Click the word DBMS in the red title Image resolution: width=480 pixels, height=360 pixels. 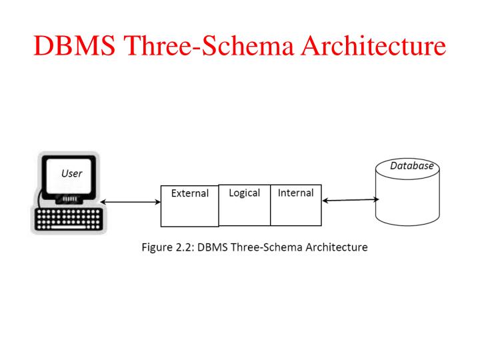tap(73, 47)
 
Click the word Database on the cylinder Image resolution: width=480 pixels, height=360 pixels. tap(411, 166)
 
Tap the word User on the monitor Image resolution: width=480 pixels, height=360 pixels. tap(71, 173)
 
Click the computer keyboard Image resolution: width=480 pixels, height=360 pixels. tap(66, 219)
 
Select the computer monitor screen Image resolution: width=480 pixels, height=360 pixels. tap(71, 176)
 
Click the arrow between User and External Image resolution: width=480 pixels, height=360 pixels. tap(130, 201)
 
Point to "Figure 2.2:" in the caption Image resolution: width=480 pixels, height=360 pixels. tap(169, 247)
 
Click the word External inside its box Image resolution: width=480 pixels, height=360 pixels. tap(189, 194)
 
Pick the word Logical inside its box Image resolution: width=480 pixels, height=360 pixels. tap(244, 193)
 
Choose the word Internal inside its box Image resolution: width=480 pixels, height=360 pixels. tap(295, 193)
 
